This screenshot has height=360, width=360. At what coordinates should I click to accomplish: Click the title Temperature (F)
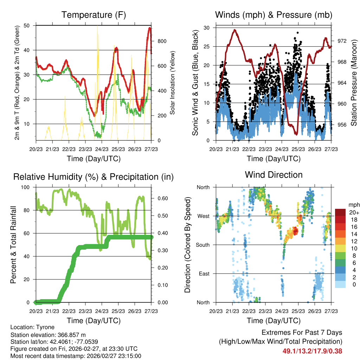(x=94, y=15)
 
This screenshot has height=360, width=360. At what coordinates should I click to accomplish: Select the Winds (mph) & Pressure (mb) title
(x=274, y=15)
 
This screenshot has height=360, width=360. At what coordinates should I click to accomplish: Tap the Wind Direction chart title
(x=274, y=175)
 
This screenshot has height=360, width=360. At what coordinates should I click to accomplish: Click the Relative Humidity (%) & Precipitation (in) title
(x=94, y=177)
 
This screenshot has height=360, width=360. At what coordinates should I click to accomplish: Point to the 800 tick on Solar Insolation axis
(x=162, y=41)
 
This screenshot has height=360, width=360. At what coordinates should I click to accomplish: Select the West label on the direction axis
(x=204, y=216)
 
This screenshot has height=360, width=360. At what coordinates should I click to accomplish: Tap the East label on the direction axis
(x=204, y=274)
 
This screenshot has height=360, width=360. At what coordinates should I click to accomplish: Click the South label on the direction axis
(x=203, y=245)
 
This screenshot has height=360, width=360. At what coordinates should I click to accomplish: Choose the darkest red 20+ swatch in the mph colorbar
(x=340, y=212)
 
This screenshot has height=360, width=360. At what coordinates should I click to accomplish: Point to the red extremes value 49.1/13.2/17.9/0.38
(x=312, y=351)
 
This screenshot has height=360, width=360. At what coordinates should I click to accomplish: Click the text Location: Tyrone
(x=32, y=327)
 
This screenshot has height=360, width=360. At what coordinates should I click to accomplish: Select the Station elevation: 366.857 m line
(x=48, y=335)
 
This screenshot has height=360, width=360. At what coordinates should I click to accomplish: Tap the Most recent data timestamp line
(x=76, y=356)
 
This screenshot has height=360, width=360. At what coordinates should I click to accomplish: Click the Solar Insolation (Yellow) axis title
(x=173, y=83)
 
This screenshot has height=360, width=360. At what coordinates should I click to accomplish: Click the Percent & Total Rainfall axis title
(x=13, y=245)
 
